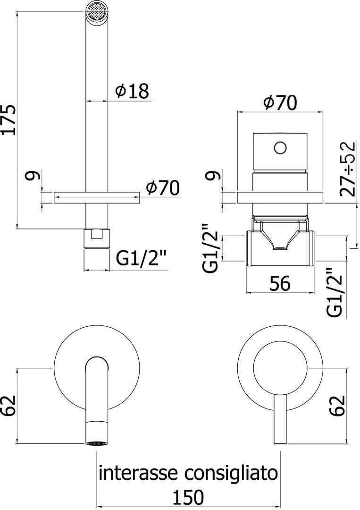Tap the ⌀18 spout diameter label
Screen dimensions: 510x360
[x=132, y=91]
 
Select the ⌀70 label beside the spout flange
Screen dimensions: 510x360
[x=162, y=189]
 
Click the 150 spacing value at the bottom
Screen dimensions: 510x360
[x=187, y=497]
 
